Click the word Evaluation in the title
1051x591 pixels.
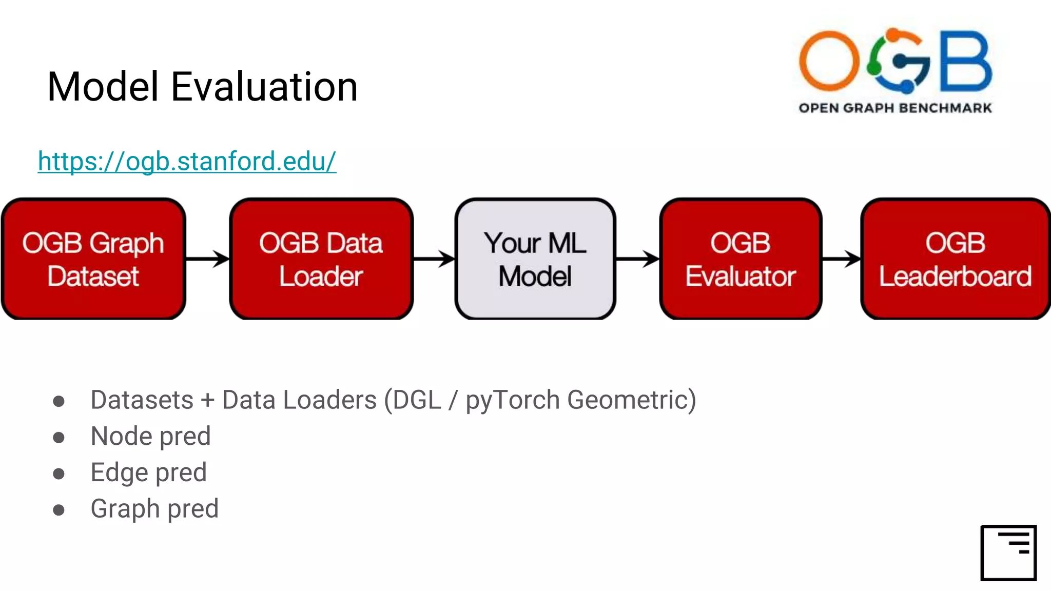point(264,87)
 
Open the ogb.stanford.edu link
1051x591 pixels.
point(187,161)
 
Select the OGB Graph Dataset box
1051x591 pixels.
point(93,259)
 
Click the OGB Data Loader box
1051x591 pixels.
point(321,259)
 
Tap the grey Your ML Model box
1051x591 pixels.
point(535,259)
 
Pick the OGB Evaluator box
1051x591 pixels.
point(740,259)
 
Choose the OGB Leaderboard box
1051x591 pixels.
point(955,259)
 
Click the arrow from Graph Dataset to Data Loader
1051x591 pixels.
point(208,259)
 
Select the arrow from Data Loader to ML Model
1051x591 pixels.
point(434,259)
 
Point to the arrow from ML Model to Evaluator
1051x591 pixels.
point(637,259)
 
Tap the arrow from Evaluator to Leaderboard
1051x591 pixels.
point(841,259)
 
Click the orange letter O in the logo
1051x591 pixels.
point(828,61)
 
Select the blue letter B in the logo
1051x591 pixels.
point(965,61)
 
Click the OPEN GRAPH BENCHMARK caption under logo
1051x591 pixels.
point(895,108)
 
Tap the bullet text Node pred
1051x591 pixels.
point(150,437)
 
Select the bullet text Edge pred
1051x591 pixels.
point(148,472)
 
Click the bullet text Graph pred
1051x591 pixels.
point(154,509)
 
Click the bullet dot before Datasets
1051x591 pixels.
point(59,401)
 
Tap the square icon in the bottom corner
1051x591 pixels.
point(1008,553)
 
